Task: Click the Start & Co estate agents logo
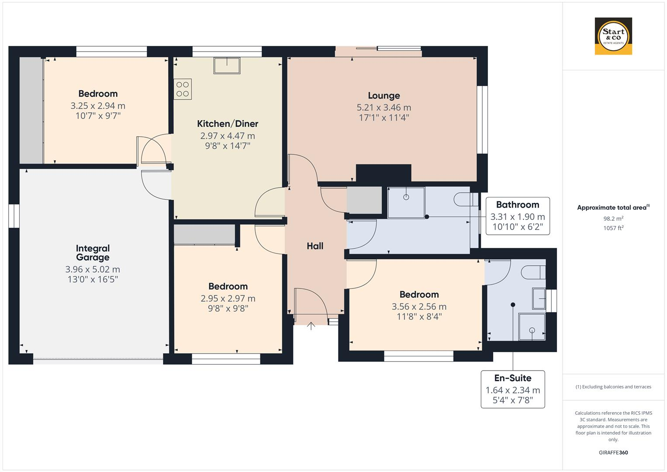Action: (613, 36)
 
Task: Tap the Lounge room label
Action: (384, 96)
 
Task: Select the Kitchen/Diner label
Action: (228, 124)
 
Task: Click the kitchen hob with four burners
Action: (183, 89)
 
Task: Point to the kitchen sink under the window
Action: (227, 66)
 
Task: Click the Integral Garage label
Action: (93, 253)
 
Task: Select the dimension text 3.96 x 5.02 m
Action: (93, 270)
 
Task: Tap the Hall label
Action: (315, 246)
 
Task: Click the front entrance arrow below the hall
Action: (311, 326)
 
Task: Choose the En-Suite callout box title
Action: (513, 378)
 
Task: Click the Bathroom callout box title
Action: (518, 205)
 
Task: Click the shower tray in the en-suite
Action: (532, 326)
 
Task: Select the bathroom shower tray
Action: (406, 202)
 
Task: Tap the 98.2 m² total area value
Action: (613, 219)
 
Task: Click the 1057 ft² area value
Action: (613, 228)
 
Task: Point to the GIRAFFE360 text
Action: (613, 452)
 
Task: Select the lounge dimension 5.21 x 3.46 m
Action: (384, 108)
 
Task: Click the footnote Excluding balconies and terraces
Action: (613, 387)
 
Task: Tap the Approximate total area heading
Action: (612, 208)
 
